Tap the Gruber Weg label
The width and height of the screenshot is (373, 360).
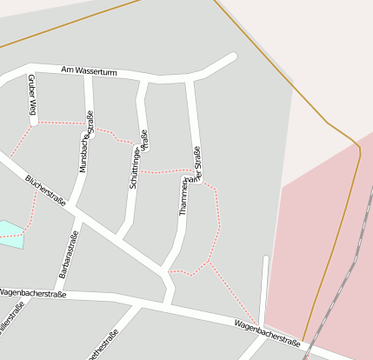pos(32,95)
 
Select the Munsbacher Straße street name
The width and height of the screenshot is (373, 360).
pos(86,140)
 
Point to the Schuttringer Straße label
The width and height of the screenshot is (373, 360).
pos(139,159)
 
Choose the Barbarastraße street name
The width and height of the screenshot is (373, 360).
pos(69,254)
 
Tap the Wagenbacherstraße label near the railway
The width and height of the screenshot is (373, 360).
pos(267,331)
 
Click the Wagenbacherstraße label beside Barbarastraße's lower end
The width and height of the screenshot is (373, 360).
pos(33,294)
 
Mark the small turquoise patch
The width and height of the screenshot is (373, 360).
pos(10,233)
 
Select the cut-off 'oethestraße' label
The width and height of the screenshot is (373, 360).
pos(102,344)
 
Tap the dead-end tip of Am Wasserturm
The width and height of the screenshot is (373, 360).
pos(233,57)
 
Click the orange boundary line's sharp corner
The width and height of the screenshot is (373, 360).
pos(358,149)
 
